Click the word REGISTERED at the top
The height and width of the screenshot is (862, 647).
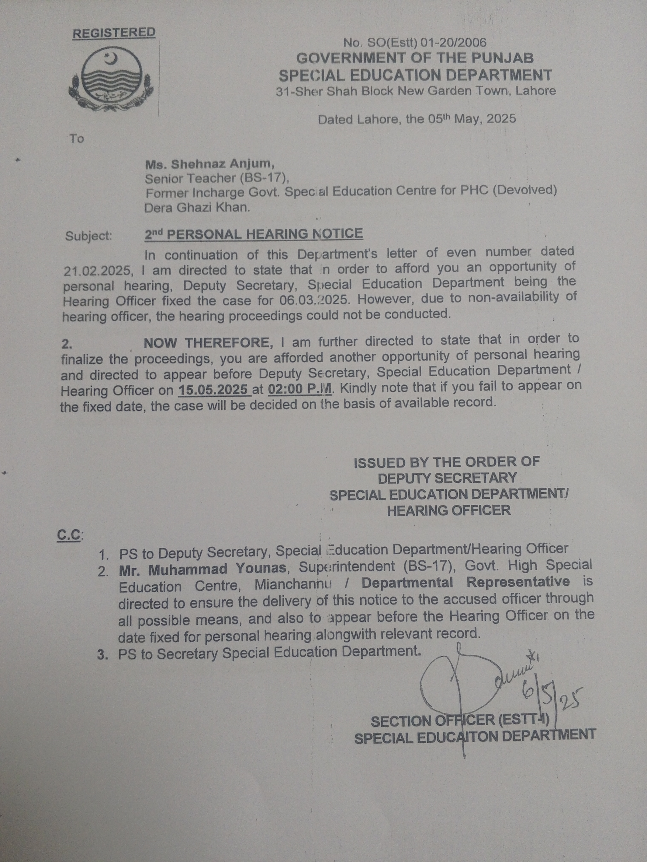114,33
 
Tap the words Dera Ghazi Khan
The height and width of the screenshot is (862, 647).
197,207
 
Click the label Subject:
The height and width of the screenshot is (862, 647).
89,236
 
